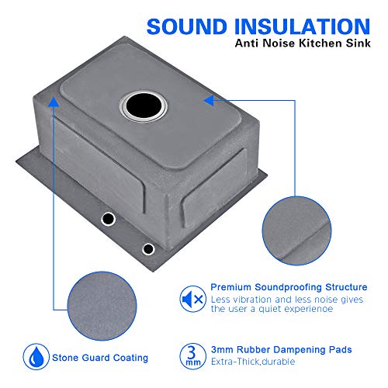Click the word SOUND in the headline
(x=187, y=26)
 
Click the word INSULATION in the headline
(x=303, y=26)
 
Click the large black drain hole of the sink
(x=144, y=106)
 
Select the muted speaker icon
(x=192, y=299)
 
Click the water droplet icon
(x=36, y=357)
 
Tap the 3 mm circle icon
(x=192, y=356)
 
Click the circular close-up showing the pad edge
(x=296, y=230)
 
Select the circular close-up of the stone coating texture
(x=102, y=306)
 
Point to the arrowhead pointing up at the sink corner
(x=54, y=102)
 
